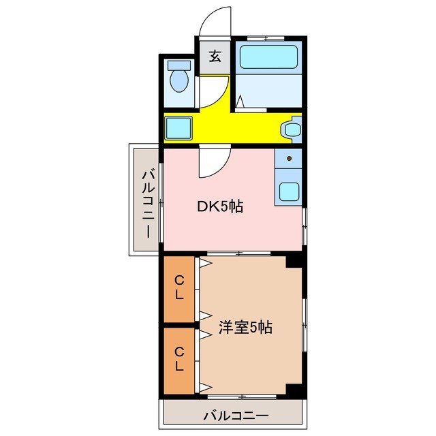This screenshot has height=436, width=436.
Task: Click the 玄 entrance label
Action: pyautogui.click(x=215, y=56)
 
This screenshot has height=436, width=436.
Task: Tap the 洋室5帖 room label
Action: pyautogui.click(x=245, y=327)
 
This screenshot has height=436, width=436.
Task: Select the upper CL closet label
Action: pyautogui.click(x=179, y=287)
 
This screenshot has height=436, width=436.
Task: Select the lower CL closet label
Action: pyautogui.click(x=179, y=359)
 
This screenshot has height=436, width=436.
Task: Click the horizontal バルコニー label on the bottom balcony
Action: pyautogui.click(x=231, y=414)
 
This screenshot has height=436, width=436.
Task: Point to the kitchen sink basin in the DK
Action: pyautogui.click(x=289, y=191)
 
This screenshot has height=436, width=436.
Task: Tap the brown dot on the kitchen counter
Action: pyautogui.click(x=290, y=159)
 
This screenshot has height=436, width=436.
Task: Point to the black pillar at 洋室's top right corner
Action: pyautogui.click(x=294, y=260)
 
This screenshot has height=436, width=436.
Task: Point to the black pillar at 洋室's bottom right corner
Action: pyautogui.click(x=294, y=389)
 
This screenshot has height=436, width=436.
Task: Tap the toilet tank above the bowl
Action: pyautogui.click(x=180, y=66)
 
